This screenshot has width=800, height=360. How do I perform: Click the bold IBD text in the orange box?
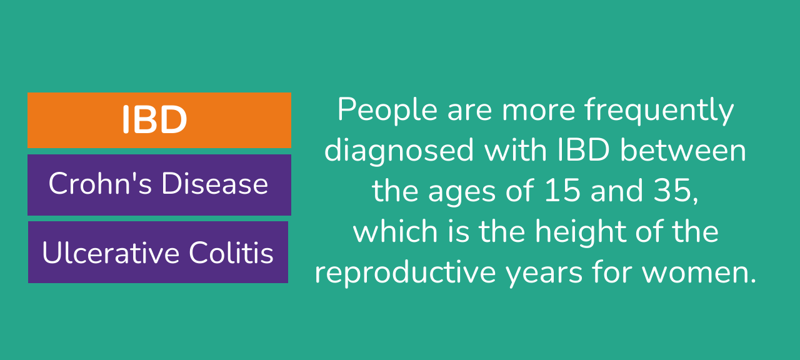tap(154, 119)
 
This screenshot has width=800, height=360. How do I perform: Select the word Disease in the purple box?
tap(214, 183)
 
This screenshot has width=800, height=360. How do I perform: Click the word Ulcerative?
tap(111, 252)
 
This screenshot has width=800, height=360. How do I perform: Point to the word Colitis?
tap(231, 252)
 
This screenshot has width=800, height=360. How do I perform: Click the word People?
tap(387, 111)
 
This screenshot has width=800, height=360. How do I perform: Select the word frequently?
tap(659, 111)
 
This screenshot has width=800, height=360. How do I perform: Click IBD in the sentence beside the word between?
tap(583, 150)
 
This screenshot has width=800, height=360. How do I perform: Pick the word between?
tap(683, 150)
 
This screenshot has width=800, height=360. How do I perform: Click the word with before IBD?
tap(516, 150)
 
